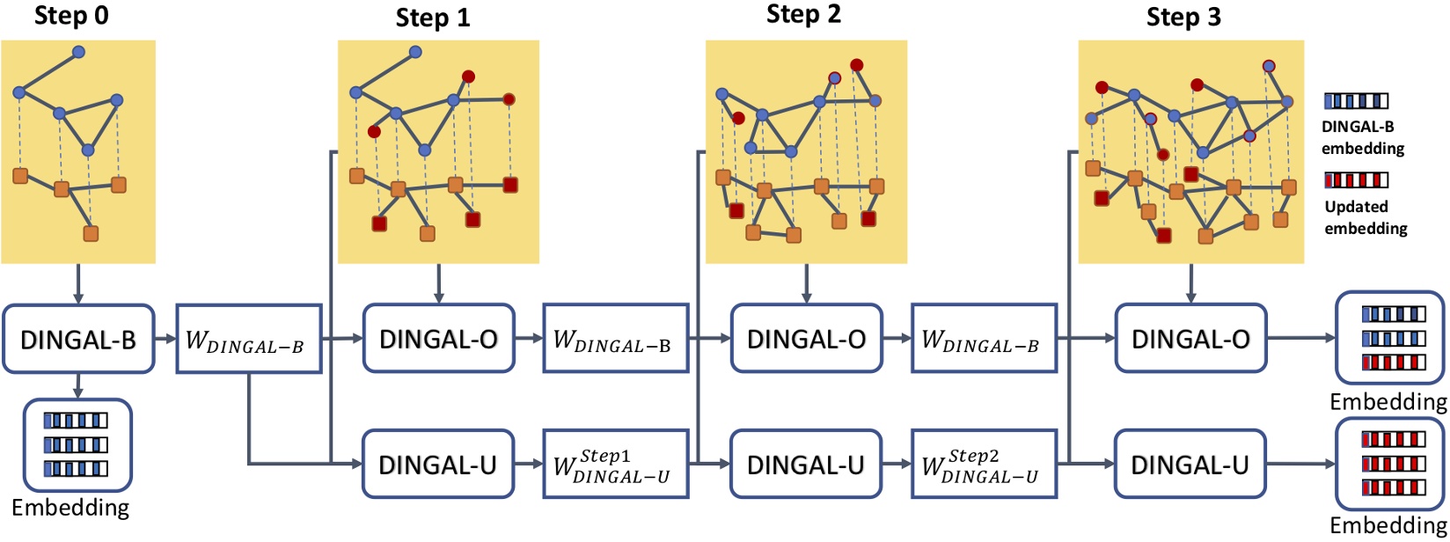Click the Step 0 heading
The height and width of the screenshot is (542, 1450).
pos(71,16)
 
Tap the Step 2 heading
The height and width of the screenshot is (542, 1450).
pos(803,14)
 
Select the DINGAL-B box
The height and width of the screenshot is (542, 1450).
pos(78,340)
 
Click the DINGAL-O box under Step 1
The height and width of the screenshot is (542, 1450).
pos(438,340)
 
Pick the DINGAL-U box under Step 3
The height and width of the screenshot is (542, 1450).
pos(1190,465)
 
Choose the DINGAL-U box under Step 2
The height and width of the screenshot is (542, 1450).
pos(805,465)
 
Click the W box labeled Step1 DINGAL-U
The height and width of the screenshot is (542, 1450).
pos(614,465)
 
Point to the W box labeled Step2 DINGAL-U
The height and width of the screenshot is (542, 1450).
pos(983,465)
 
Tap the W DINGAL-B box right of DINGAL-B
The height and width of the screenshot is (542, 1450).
pos(247,340)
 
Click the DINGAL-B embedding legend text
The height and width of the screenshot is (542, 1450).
pos(1362,137)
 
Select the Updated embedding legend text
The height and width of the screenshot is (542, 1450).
pos(1365,217)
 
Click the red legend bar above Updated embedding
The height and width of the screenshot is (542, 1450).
pos(1356,180)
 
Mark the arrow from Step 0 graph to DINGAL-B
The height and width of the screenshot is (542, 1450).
pos(78,283)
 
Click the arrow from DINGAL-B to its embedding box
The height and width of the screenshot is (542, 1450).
pos(78,385)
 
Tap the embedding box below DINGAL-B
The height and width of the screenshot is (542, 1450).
pos(77,444)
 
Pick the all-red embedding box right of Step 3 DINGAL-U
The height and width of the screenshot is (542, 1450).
pos(1389,465)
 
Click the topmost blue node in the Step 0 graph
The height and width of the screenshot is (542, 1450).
pos(78,53)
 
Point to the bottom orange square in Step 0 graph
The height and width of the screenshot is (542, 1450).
pos(91,233)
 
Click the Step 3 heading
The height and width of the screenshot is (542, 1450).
pos(1183,18)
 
